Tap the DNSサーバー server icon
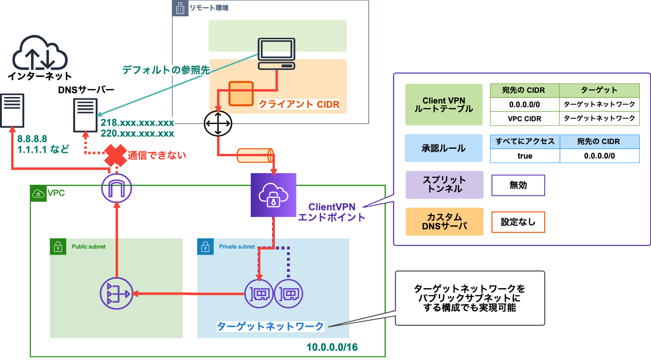(85, 115)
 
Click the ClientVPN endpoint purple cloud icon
(273, 195)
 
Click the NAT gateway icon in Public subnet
(116, 294)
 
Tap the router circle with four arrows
(218, 124)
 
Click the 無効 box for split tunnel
(518, 185)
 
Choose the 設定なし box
(518, 222)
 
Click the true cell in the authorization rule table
(525, 156)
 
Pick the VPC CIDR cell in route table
(525, 118)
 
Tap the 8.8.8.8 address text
(32, 139)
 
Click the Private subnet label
(237, 247)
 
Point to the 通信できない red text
(157, 155)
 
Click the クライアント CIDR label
(299, 105)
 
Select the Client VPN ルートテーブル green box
(443, 105)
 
